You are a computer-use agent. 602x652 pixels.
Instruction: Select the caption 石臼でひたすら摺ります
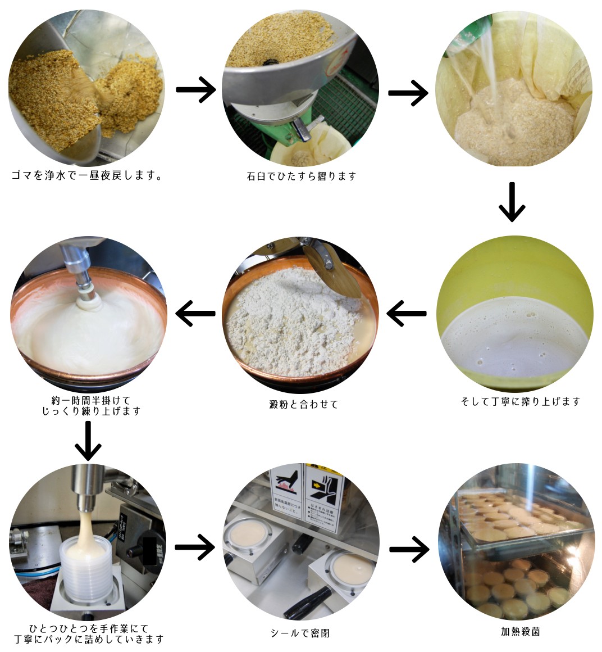pos(302,176)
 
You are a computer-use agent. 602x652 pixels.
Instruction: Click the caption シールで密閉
pos(300,633)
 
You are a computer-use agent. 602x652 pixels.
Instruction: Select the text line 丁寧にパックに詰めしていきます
pos(90,639)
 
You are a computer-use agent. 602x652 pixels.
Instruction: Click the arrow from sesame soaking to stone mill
pos(196,90)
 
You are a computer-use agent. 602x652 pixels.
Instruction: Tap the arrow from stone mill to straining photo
pos(408,92)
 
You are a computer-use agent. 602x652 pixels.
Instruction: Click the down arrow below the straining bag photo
pos(512,202)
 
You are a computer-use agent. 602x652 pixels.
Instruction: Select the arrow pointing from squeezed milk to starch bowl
pos(407,313)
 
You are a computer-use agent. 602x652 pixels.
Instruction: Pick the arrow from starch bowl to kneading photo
pos(195,313)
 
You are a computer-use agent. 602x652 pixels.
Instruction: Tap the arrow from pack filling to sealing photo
pos(195,546)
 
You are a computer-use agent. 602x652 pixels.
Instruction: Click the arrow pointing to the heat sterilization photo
pos(409,549)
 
